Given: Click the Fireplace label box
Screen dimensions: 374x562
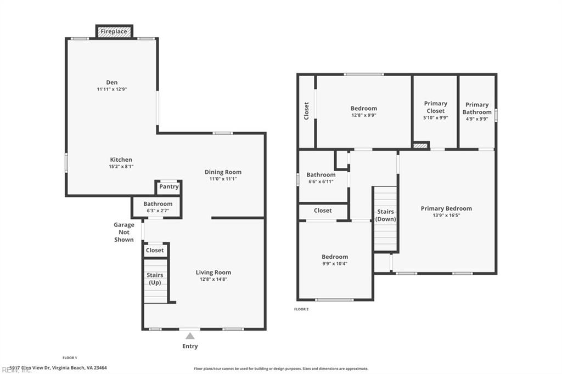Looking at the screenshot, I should click(114, 32).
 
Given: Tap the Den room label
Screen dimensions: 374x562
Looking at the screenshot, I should click(112, 83).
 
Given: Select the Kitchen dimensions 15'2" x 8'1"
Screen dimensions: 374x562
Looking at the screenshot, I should click(120, 167).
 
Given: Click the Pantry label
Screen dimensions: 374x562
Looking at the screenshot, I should click(168, 186).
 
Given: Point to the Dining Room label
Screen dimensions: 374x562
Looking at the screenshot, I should click(223, 172).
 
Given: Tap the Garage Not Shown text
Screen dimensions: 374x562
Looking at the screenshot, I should click(124, 232).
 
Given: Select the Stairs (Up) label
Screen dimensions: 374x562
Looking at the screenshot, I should click(154, 279).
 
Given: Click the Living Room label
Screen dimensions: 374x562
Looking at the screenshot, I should click(213, 273).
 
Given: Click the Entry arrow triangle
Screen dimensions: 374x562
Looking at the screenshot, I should click(190, 336).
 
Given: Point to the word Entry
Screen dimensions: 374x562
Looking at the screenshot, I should click(190, 346).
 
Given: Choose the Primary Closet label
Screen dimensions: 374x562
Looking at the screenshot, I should click(435, 107).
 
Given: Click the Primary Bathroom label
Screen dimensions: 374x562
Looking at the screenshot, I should click(477, 108).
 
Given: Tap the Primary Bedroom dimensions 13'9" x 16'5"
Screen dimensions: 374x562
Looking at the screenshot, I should click(446, 216).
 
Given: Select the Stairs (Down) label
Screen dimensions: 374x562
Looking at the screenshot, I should click(385, 215).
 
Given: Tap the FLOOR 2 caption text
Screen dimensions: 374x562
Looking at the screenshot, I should click(301, 309).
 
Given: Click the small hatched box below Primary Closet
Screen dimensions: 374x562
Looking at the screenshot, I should click(420, 145).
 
